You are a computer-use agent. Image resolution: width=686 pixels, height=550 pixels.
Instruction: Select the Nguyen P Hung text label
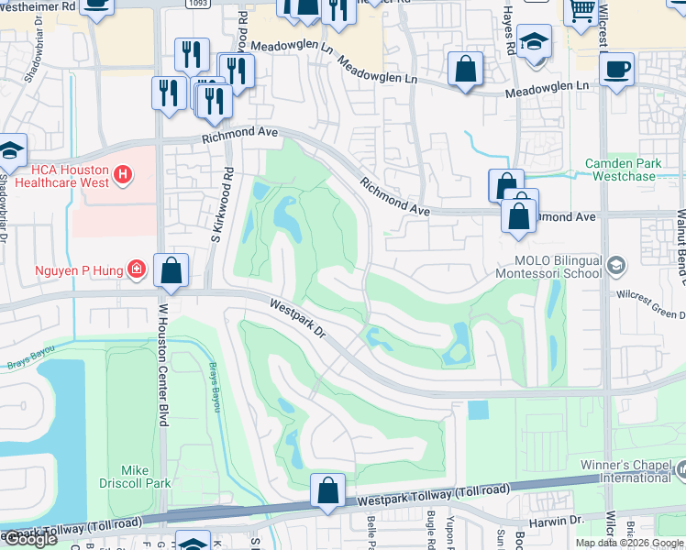pos(80,269)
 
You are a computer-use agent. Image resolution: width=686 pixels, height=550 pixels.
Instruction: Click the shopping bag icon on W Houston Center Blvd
pos(171,270)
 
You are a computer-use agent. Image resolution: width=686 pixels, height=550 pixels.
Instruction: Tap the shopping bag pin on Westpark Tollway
pos(327,490)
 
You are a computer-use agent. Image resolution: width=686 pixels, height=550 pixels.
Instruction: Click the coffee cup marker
pos(618,67)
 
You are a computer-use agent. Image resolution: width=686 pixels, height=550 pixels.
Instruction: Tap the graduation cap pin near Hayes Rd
pos(534,41)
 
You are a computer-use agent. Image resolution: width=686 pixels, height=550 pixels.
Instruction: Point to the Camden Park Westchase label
pos(625,169)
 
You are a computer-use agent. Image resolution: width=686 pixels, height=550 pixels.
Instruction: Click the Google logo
pos(30,539)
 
